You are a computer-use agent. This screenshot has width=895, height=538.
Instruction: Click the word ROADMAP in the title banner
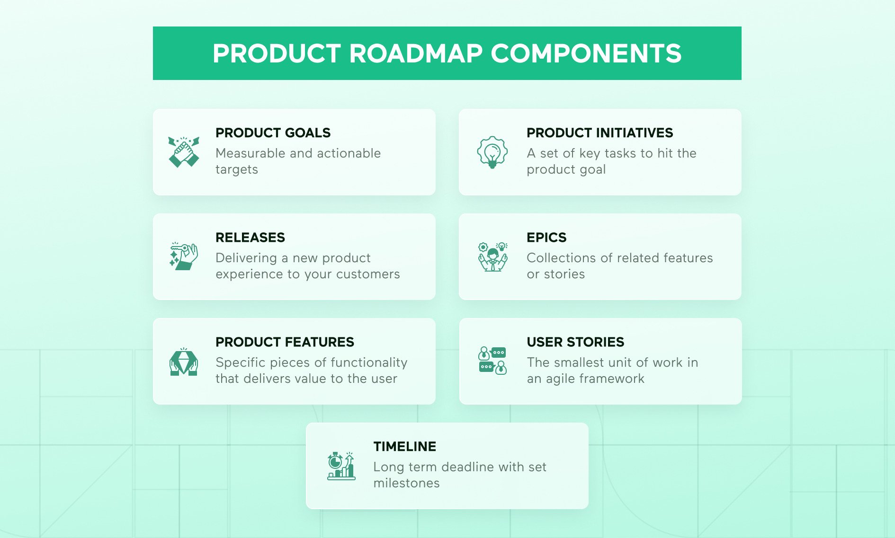tap(415, 53)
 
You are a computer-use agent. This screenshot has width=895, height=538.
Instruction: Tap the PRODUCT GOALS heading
tap(273, 133)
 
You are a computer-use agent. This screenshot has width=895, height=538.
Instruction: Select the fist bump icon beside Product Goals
tap(184, 152)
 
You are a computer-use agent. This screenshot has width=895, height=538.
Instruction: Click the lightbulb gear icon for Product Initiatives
tap(492, 152)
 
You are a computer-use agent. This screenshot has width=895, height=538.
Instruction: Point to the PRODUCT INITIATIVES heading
tap(600, 133)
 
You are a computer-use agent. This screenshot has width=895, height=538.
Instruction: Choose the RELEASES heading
tap(250, 238)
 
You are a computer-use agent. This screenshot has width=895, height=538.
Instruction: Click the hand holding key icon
tap(184, 256)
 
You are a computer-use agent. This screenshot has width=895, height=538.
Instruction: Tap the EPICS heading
tap(546, 238)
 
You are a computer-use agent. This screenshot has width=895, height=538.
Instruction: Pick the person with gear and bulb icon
tap(492, 256)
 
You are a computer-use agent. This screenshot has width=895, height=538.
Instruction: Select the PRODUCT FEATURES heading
tap(285, 342)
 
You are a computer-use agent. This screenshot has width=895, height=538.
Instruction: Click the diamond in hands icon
tap(184, 362)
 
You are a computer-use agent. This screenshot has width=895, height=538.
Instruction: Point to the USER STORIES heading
tap(575, 342)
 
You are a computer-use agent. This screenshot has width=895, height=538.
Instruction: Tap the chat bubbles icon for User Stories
tap(492, 361)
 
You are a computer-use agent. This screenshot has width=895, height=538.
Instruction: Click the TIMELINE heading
tap(404, 447)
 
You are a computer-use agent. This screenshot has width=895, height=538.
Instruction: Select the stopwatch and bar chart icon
tap(341, 466)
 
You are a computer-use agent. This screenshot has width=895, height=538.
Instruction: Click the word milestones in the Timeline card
tap(406, 483)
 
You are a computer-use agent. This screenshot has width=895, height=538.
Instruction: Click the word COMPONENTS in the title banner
tap(586, 53)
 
